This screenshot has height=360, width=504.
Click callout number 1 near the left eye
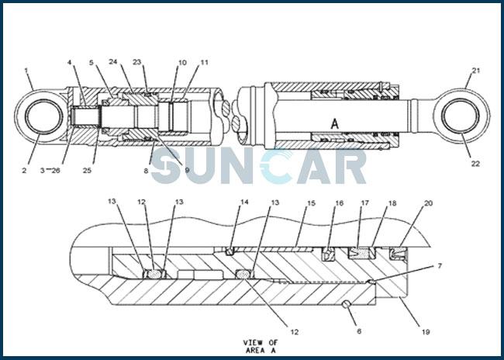(26, 70)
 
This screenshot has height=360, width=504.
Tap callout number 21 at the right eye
(476, 71)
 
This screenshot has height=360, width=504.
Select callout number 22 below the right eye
(475, 164)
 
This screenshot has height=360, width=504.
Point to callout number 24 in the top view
(113, 62)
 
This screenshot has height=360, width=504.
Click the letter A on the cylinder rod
(335, 123)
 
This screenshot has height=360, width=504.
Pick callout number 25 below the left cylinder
(87, 171)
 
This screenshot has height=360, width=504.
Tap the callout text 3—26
(50, 171)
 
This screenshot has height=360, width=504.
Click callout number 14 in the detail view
(244, 202)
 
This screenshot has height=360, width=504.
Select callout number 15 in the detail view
(311, 203)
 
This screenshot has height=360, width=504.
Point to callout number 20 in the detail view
(429, 203)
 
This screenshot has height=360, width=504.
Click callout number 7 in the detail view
(440, 266)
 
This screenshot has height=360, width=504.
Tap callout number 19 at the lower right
(426, 332)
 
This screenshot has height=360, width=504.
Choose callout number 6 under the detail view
(359, 331)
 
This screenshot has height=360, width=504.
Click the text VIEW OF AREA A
(260, 347)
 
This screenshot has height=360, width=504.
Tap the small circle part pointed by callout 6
(346, 304)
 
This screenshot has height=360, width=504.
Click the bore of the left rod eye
(44, 117)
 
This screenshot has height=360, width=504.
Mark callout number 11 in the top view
(205, 62)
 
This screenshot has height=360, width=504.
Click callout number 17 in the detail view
(364, 203)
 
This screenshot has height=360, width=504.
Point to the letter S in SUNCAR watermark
(167, 166)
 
